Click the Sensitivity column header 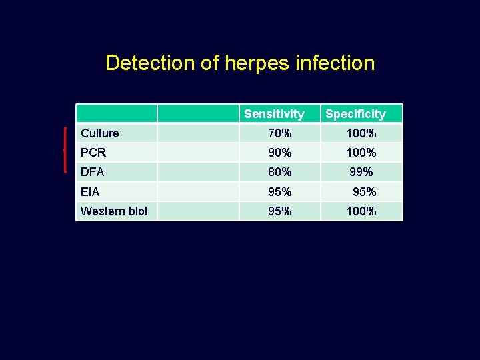(x=274, y=114)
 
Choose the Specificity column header (x=355, y=114)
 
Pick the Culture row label (x=100, y=133)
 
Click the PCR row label (x=93, y=153)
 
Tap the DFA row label (x=93, y=172)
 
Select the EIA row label (x=90, y=192)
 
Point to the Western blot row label (x=114, y=211)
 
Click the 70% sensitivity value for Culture (x=279, y=133)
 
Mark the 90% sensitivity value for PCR (x=279, y=153)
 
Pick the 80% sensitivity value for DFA (x=279, y=172)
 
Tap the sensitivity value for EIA (x=279, y=192)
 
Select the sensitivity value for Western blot (x=279, y=211)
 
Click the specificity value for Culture (x=361, y=133)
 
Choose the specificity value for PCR (x=361, y=153)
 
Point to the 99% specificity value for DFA (x=361, y=172)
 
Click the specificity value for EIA (x=364, y=192)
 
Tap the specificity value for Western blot (x=361, y=211)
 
